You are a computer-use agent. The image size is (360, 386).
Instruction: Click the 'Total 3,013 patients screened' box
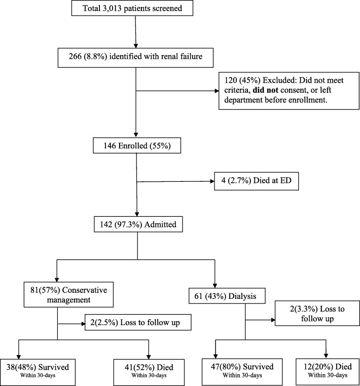pyautogui.click(x=132, y=8)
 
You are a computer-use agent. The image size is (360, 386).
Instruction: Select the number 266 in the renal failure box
pyautogui.click(x=75, y=56)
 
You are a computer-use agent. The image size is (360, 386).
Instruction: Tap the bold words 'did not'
pyautogui.click(x=265, y=90)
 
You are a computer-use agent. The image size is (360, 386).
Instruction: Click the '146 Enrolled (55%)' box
pyautogui.click(x=137, y=145)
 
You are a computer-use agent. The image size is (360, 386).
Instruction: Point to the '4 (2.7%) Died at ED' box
pyautogui.click(x=256, y=181)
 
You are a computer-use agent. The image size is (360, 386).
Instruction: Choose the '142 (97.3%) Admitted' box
pyautogui.click(x=138, y=224)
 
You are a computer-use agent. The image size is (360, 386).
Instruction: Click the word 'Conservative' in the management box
pyautogui.click(x=85, y=290)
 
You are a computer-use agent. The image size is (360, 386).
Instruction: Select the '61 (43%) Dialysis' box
pyautogui.click(x=227, y=296)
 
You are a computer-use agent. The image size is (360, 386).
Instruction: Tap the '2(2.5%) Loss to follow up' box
pyautogui.click(x=138, y=322)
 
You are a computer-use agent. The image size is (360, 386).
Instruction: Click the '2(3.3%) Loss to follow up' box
pyautogui.click(x=317, y=313)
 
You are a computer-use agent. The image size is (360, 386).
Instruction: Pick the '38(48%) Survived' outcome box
pyautogui.click(x=38, y=372)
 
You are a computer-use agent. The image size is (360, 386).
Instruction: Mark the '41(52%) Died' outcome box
pyautogui.click(x=149, y=372)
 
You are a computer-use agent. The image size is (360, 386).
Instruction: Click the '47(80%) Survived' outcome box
pyautogui.click(x=242, y=372)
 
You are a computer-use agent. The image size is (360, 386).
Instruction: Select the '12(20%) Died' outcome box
pyautogui.click(x=328, y=372)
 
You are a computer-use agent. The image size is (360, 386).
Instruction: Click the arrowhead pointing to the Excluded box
pyautogui.click(x=217, y=91)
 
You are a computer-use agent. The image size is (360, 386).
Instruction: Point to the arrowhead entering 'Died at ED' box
pyautogui.click(x=212, y=181)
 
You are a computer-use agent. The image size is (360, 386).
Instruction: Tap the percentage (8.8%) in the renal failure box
pyautogui.click(x=96, y=56)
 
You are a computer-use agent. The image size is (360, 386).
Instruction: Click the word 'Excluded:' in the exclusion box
pyautogui.click(x=280, y=80)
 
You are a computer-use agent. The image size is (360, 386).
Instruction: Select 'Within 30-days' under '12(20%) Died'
pyautogui.click(x=328, y=375)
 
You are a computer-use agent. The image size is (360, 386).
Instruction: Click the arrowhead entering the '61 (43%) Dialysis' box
pyautogui.click(x=215, y=286)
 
